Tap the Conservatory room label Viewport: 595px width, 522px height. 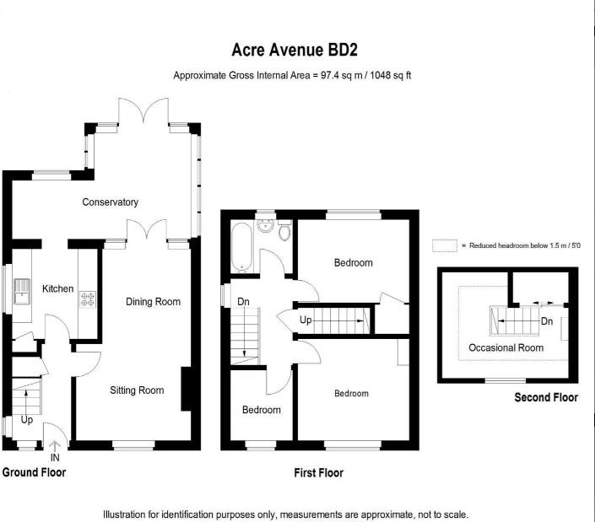click(x=110, y=202)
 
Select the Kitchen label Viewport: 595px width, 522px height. click(x=58, y=289)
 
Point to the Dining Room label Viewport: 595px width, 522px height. click(x=153, y=302)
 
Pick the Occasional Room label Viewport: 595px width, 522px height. click(x=506, y=347)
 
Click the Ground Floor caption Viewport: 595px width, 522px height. click(x=34, y=472)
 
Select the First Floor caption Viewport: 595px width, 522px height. click(x=318, y=473)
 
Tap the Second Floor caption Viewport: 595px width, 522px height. click(x=546, y=397)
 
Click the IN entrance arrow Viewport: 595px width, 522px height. click(x=55, y=447)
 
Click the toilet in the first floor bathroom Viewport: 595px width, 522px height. click(x=284, y=230)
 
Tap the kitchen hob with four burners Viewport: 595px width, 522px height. click(x=86, y=299)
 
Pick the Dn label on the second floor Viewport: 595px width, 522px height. click(x=546, y=321)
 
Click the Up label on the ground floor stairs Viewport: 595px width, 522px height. click(x=27, y=419)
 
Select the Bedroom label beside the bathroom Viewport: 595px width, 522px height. click(x=353, y=263)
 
